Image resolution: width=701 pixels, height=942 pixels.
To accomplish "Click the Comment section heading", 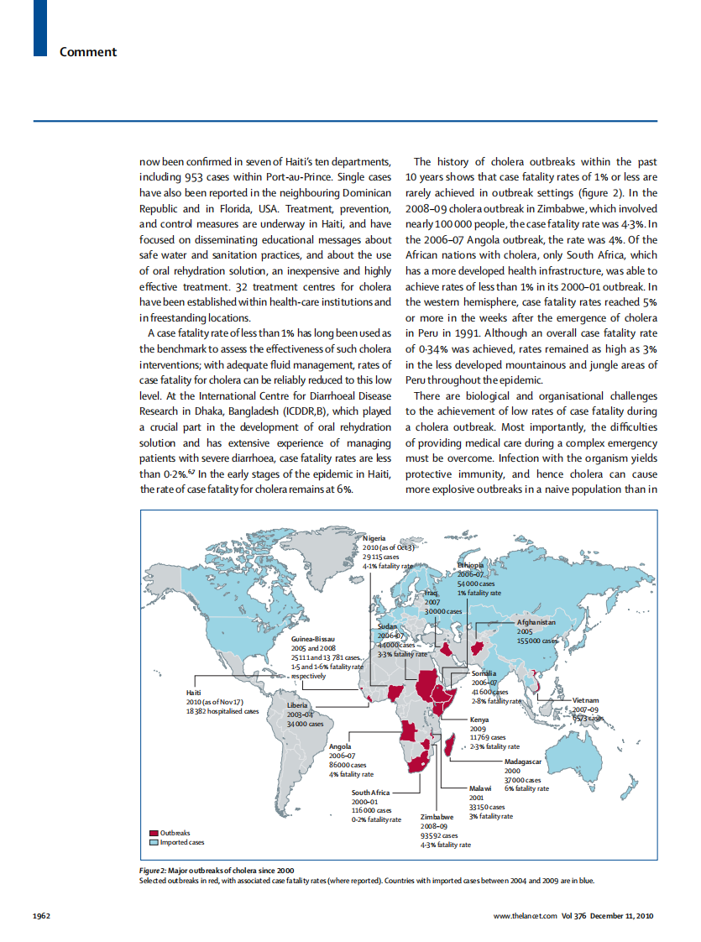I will tap(88, 52).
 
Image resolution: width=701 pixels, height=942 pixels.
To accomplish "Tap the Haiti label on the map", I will tap(193, 692).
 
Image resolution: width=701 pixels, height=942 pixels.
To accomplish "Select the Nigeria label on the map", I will tap(375, 537).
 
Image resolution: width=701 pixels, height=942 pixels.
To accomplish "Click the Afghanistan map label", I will tap(536, 622).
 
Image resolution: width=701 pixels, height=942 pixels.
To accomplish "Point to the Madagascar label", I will tap(524, 761).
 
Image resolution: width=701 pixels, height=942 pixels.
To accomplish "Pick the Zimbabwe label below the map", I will tap(437, 817).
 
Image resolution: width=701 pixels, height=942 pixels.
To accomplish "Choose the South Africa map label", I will tap(370, 793).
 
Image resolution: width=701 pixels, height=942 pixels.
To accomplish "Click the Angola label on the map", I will tap(340, 746).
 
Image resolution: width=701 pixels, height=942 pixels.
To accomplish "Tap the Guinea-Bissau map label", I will tap(313, 640).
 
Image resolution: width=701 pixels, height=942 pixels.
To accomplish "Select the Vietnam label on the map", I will tap(585, 699).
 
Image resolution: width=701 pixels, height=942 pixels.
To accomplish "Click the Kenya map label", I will tap(479, 720).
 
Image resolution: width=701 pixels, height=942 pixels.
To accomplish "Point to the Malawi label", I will tap(481, 789).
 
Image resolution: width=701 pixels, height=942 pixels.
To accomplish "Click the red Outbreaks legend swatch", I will tap(154, 833).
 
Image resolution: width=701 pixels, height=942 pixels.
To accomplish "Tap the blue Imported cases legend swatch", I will tap(154, 841).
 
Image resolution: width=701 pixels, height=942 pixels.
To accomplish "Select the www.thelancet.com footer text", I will tap(525, 914).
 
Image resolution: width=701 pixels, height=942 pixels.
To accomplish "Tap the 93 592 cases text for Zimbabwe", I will tap(439, 835).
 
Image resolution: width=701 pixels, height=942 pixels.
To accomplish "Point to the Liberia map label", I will tap(298, 704).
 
